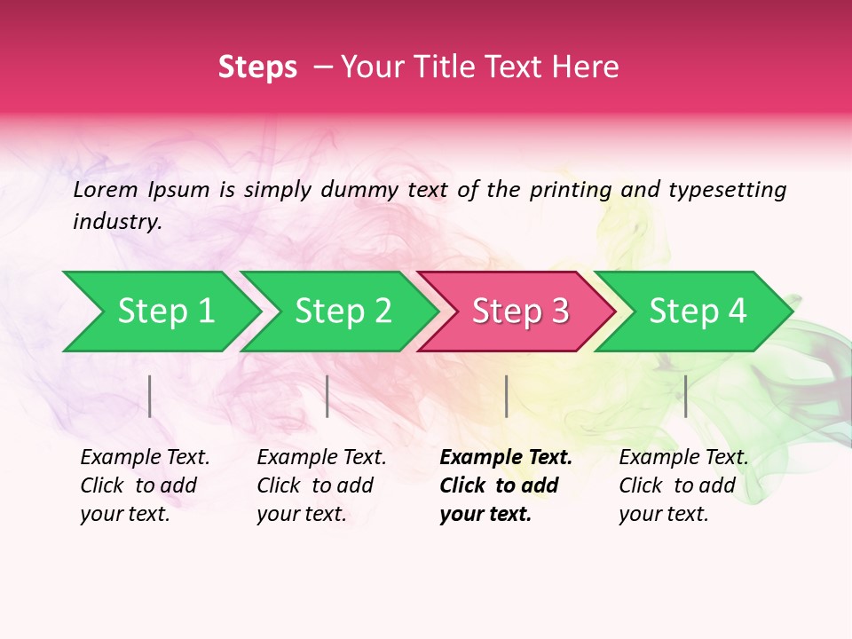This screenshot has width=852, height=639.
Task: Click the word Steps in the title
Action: click(257, 67)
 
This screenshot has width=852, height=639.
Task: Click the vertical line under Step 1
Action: click(150, 396)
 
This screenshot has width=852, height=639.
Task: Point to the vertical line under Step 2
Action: click(327, 396)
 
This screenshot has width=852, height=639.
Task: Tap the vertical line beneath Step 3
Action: click(506, 396)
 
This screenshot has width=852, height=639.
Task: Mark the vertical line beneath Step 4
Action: click(685, 396)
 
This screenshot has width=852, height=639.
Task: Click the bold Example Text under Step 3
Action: click(506, 458)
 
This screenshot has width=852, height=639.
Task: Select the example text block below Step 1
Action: click(145, 485)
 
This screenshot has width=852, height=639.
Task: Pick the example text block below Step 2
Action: click(321, 485)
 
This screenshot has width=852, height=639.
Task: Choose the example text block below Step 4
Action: click(683, 485)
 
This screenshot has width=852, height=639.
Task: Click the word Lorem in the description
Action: click(105, 190)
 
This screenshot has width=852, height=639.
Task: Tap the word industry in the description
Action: click(117, 222)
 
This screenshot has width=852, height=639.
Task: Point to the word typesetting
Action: click(727, 190)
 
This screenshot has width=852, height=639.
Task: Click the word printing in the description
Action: click(569, 190)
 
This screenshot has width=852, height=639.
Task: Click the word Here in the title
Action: click(586, 67)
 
